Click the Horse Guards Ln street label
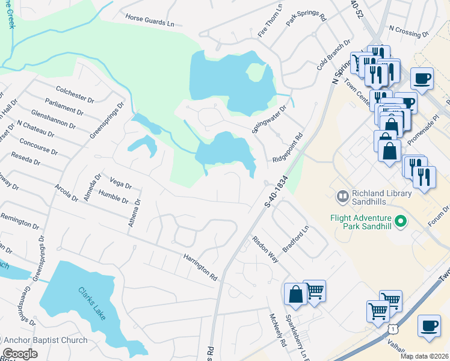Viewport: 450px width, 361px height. tap(149, 21)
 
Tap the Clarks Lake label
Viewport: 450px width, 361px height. tap(90, 304)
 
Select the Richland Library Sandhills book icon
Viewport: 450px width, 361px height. tap(342, 196)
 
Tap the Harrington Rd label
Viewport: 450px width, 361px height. tap(200, 268)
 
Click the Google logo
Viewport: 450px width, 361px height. tap(20, 354)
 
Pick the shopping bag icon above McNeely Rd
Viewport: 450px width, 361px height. tap(295, 294)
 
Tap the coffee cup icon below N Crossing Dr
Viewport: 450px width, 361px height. tap(422, 78)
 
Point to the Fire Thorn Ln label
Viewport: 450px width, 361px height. tap(270, 22)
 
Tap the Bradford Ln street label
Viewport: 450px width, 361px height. tap(296, 239)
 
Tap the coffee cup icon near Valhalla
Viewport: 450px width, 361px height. tap(428, 326)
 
